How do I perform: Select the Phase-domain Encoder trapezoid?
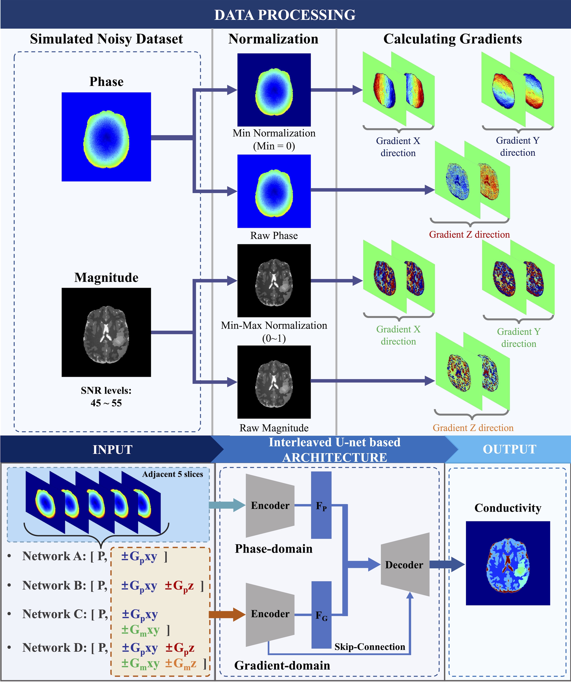point(270,506)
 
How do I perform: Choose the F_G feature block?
point(321,615)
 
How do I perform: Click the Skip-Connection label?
point(370,647)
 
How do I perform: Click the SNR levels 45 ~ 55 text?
point(106,396)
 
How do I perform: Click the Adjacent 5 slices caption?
point(173,474)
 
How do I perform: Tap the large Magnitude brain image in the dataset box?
point(106,332)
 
